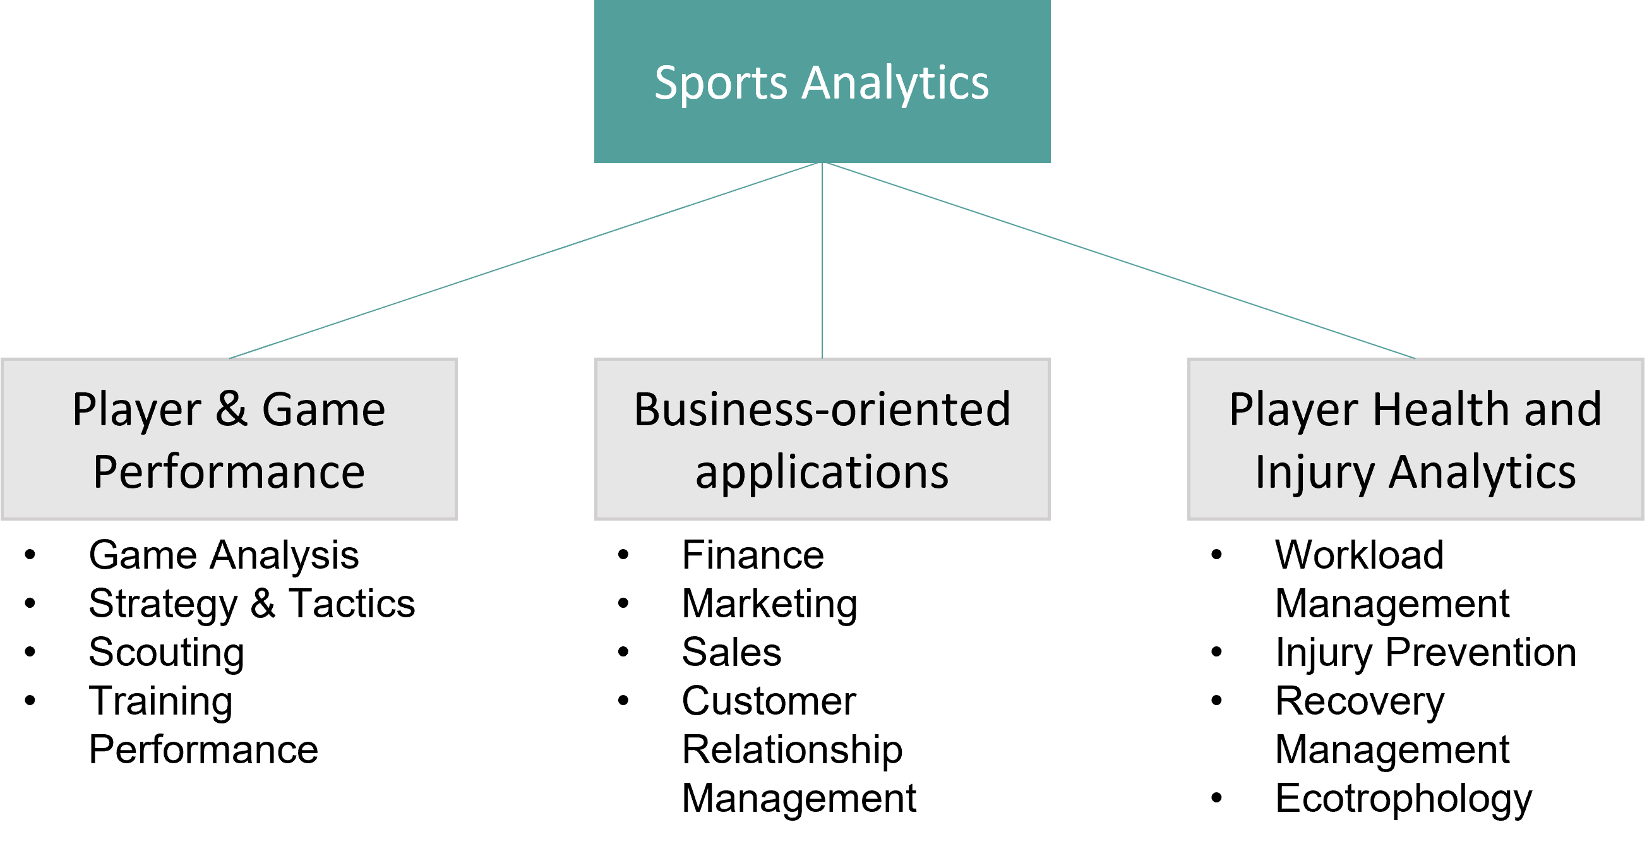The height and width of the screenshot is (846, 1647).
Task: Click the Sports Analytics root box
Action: [x=822, y=82]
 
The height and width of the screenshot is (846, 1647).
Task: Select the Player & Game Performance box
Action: [x=229, y=438]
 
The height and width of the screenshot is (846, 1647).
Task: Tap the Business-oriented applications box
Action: [x=822, y=438]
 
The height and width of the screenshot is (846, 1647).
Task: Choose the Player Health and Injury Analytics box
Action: [x=1415, y=438]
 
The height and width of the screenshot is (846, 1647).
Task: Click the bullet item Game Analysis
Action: [x=223, y=555]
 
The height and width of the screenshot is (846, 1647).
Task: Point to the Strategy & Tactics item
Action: [x=251, y=603]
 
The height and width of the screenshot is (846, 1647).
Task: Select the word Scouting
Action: [x=166, y=653]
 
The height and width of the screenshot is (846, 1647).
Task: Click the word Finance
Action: [x=753, y=555]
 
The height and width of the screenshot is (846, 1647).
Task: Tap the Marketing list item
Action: [x=769, y=603]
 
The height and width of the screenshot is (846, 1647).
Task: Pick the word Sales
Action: [x=731, y=653]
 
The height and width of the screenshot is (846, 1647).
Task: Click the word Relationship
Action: [x=791, y=750]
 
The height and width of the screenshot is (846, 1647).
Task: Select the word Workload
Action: [x=1358, y=555]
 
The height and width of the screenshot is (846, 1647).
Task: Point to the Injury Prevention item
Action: [x=1425, y=653]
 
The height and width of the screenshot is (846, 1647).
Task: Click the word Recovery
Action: [x=1359, y=701]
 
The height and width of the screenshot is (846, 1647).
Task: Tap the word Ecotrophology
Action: [x=1403, y=799]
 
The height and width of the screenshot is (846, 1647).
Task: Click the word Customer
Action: [x=769, y=701]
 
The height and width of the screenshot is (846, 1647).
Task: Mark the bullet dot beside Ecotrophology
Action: [x=1216, y=798]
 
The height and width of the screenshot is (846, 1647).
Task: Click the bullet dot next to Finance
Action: [x=623, y=554]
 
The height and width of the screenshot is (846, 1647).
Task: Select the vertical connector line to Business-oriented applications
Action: [x=822, y=262]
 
